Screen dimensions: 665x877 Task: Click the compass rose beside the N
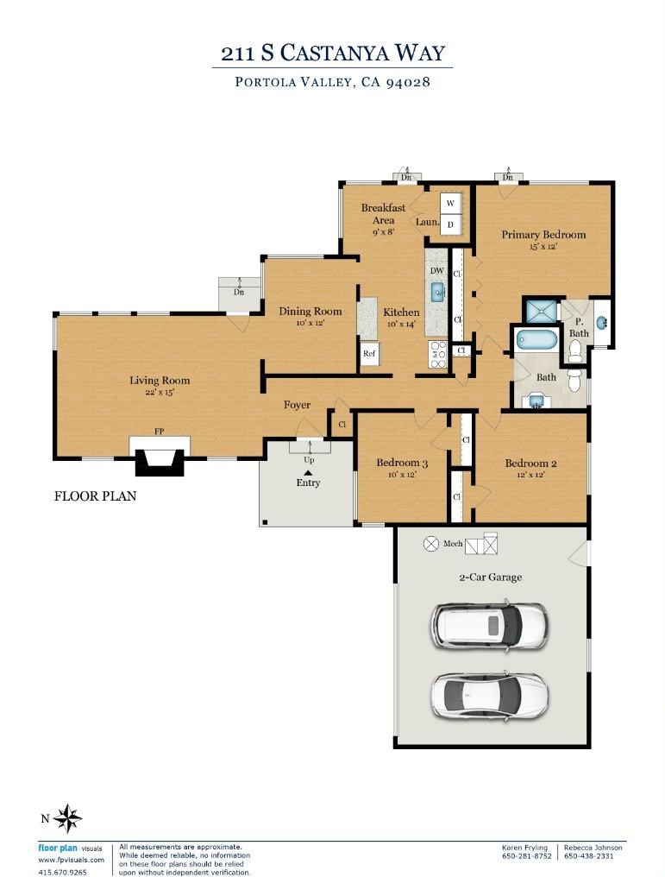pyautogui.click(x=67, y=818)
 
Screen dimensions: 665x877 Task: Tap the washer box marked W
pyautogui.click(x=450, y=203)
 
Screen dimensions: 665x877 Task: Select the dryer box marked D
pyautogui.click(x=450, y=224)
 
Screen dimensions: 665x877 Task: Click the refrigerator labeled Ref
pyautogui.click(x=369, y=354)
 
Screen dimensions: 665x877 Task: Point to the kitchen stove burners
pyautogui.click(x=437, y=355)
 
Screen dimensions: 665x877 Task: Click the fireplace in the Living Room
pyautogui.click(x=160, y=455)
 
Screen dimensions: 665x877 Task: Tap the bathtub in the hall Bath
pyautogui.click(x=536, y=339)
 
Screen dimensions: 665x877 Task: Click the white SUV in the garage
pyautogui.click(x=488, y=625)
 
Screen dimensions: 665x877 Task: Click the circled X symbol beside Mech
pyautogui.click(x=431, y=543)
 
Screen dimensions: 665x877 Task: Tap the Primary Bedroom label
pyautogui.click(x=543, y=234)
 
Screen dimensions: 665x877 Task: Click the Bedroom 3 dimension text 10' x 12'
pyautogui.click(x=402, y=474)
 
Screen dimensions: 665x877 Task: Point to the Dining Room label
pyautogui.click(x=311, y=311)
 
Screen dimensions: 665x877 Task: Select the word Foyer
pyautogui.click(x=297, y=404)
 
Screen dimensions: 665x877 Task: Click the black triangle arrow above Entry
pyautogui.click(x=308, y=473)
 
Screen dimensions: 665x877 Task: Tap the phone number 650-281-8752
pyautogui.click(x=526, y=855)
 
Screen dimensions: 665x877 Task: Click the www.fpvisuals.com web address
pyautogui.click(x=71, y=860)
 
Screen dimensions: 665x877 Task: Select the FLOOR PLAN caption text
pyautogui.click(x=95, y=496)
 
